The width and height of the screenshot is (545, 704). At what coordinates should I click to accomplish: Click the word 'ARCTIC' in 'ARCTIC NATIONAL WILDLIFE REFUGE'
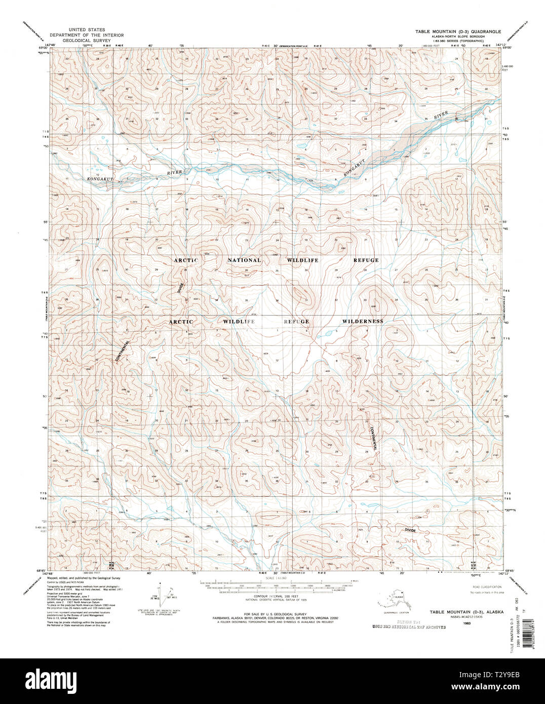[186, 260]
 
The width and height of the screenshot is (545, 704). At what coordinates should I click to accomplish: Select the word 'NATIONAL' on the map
[244, 260]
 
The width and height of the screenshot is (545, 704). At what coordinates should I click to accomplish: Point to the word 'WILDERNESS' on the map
[362, 321]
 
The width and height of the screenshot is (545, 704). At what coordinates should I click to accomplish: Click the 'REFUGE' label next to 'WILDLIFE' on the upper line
[366, 260]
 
